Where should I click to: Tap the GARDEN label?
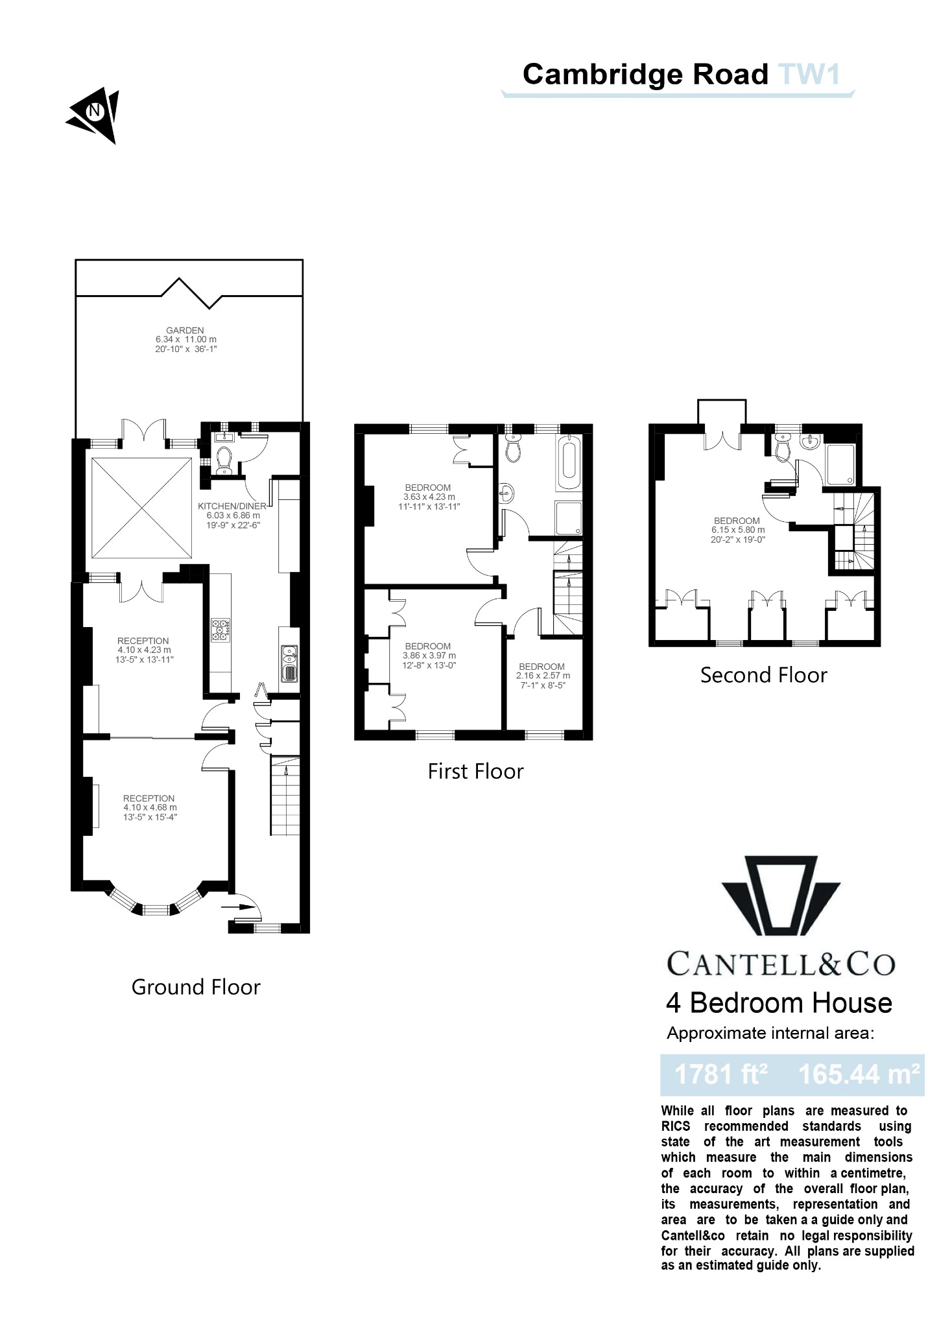pyautogui.click(x=185, y=330)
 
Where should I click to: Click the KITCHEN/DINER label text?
pyautogui.click(x=232, y=506)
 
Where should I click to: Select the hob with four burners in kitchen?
pyautogui.click(x=221, y=630)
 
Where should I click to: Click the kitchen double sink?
pyautogui.click(x=289, y=663)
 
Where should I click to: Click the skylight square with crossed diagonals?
pyautogui.click(x=141, y=508)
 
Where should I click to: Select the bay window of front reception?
pyautogui.click(x=154, y=905)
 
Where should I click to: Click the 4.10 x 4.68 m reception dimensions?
pyautogui.click(x=150, y=807)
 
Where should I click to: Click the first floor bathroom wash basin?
pyautogui.click(x=506, y=493)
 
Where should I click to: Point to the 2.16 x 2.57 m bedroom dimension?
pyautogui.click(x=543, y=676)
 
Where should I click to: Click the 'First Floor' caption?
pyautogui.click(x=475, y=771)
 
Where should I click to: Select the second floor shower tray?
pyautogui.click(x=840, y=465)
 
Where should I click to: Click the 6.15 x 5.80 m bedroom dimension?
pyautogui.click(x=737, y=530)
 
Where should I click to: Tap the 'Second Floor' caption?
pyautogui.click(x=763, y=675)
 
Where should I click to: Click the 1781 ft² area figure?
pyautogui.click(x=720, y=1074)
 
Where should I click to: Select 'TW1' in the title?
pyautogui.click(x=809, y=74)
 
